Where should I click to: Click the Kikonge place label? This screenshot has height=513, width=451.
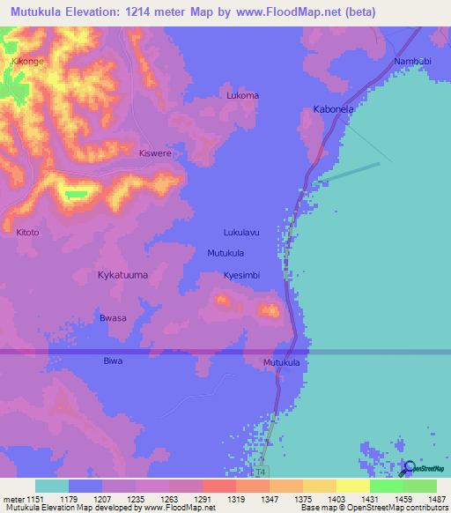point(27,62)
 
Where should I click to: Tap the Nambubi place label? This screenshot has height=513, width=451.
point(413,60)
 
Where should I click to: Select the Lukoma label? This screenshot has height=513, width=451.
point(242,95)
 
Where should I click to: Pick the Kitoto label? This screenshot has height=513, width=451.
point(28,233)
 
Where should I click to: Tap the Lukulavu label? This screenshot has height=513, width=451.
point(241,233)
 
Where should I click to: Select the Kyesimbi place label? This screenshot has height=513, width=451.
point(242,275)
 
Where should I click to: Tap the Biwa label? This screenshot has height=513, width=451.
point(113,361)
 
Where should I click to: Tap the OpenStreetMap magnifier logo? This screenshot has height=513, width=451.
point(409,469)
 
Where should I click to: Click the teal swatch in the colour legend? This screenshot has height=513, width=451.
point(51,486)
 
